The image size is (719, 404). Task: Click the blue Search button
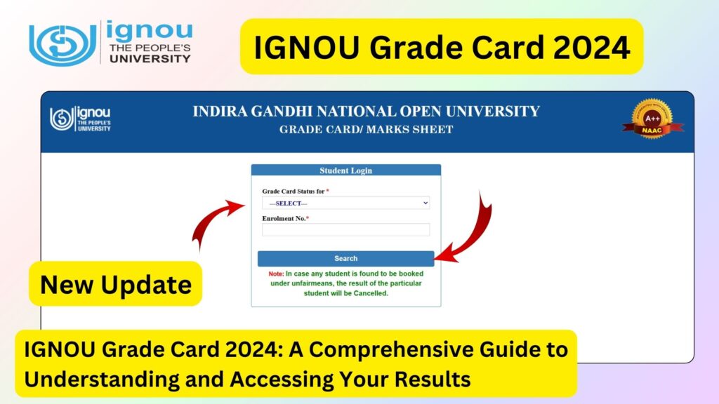345,258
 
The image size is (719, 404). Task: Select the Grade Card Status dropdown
345,203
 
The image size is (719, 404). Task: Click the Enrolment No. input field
345,229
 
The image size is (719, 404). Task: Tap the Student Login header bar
345,170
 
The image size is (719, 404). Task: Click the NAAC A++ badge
652,120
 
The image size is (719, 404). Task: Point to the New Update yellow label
116,284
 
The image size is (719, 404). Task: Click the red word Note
276,274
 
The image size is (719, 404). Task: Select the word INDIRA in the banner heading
218,112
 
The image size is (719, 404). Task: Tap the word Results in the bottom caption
430,379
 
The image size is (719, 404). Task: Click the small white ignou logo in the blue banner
80,119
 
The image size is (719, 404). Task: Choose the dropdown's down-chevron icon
426,203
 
